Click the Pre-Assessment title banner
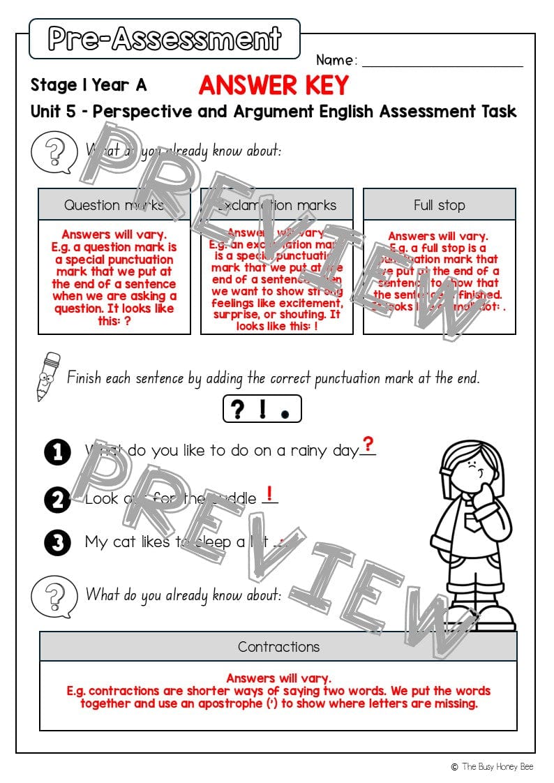(x=165, y=38)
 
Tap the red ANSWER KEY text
(x=274, y=85)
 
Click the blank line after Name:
(x=442, y=61)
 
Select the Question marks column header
(x=114, y=205)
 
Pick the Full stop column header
(x=439, y=205)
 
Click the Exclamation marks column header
(x=277, y=205)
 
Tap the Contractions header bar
(x=278, y=647)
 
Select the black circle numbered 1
(x=57, y=452)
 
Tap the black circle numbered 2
(x=57, y=500)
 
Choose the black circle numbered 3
(x=57, y=543)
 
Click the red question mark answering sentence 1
(x=368, y=445)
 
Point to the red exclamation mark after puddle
(x=269, y=493)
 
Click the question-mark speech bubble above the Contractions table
(x=53, y=597)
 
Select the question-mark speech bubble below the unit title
(x=53, y=153)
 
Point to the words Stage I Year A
(x=89, y=85)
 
